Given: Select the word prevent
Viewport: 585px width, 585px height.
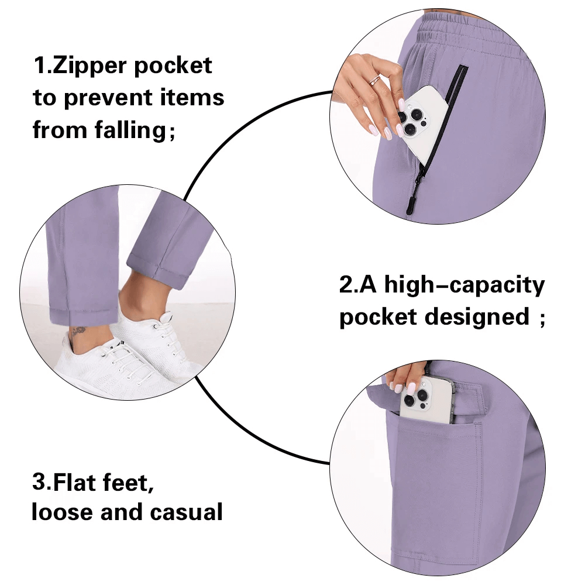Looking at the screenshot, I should tap(115, 98).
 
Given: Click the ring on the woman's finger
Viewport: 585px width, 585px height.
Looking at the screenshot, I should tap(375, 80).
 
